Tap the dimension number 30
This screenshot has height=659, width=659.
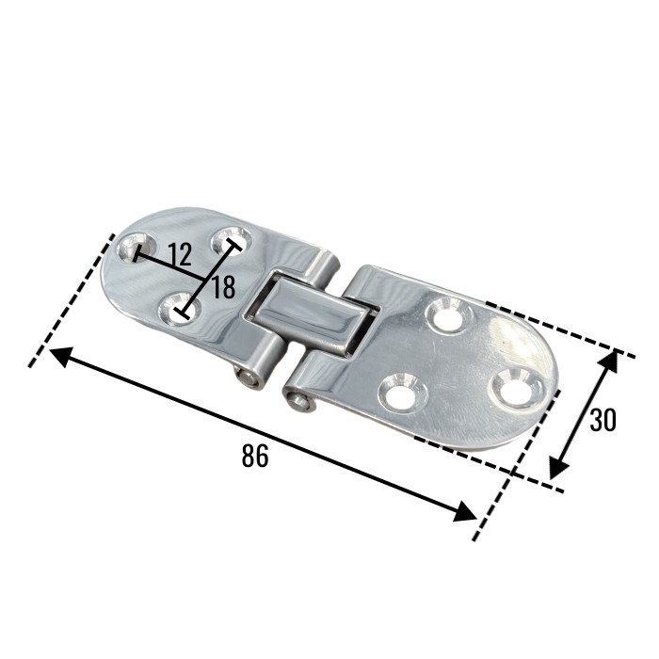click(x=603, y=420)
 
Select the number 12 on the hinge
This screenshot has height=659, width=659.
click(x=180, y=254)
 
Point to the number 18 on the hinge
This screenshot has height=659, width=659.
click(x=223, y=287)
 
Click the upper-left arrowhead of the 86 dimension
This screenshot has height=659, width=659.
click(x=64, y=357)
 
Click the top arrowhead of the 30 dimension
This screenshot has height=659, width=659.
click(x=609, y=362)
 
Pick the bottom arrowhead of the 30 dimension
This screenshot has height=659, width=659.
click(x=559, y=467)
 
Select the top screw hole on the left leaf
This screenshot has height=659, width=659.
click(x=232, y=241)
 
